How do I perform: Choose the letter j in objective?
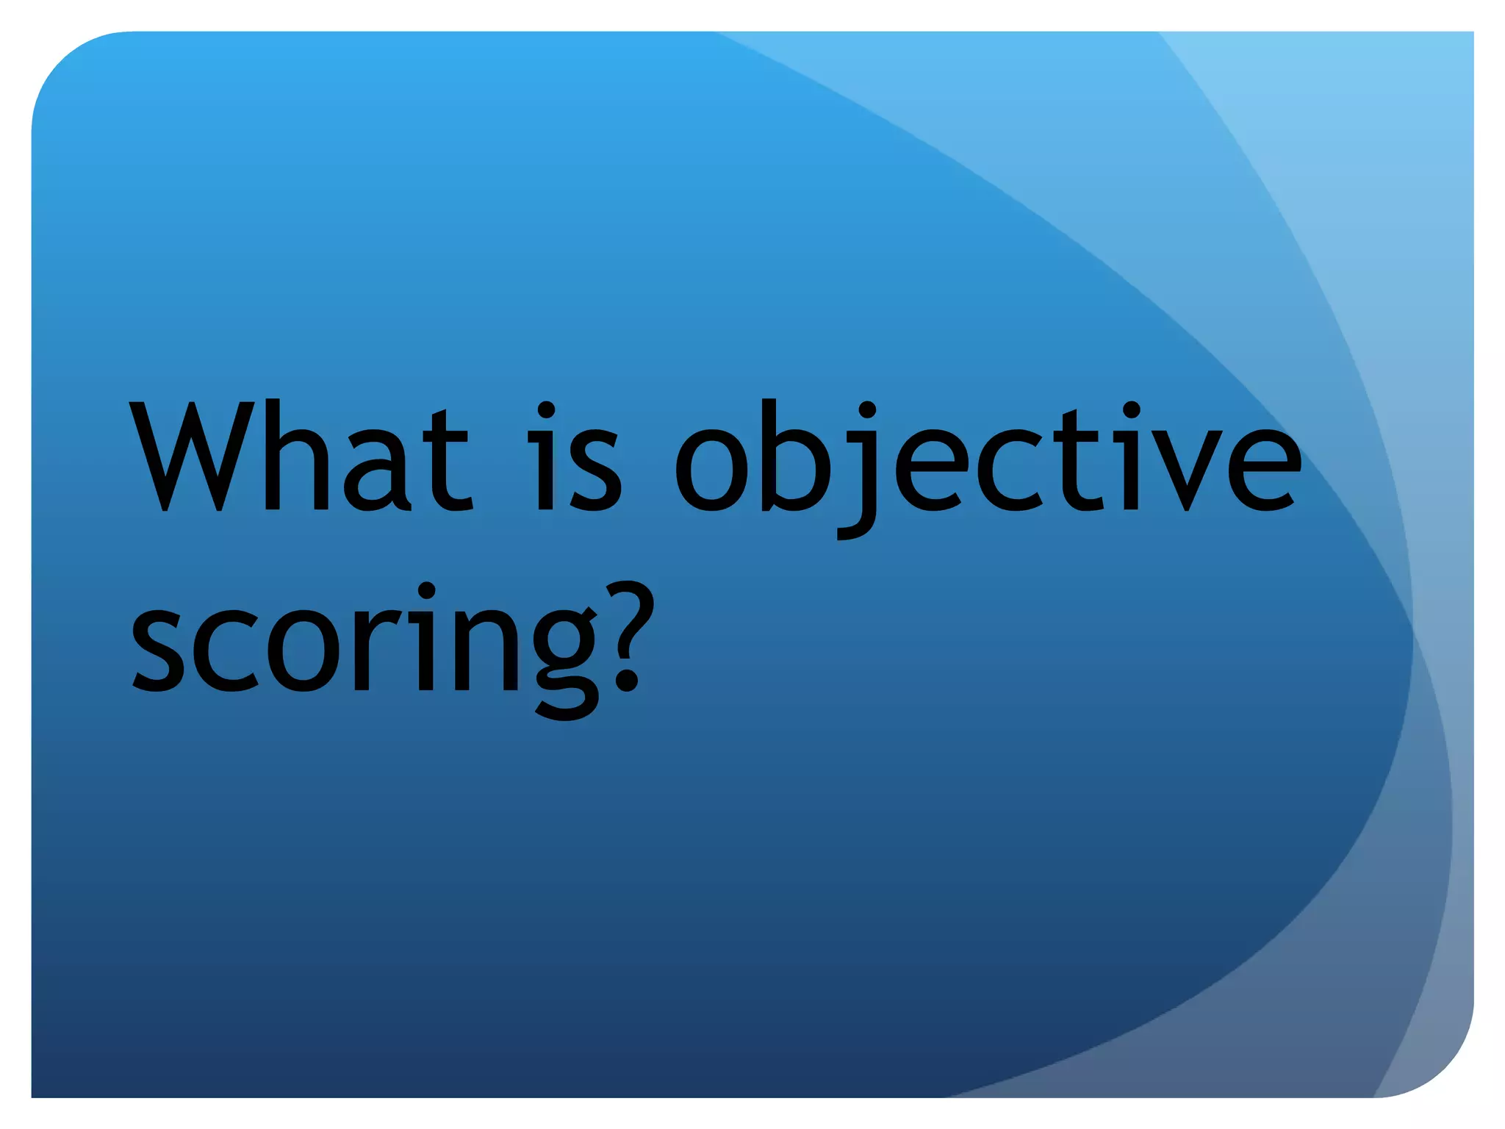pyautogui.click(x=860, y=478)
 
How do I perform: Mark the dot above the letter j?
pyautogui.click(x=867, y=409)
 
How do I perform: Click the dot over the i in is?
pyautogui.click(x=546, y=409)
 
